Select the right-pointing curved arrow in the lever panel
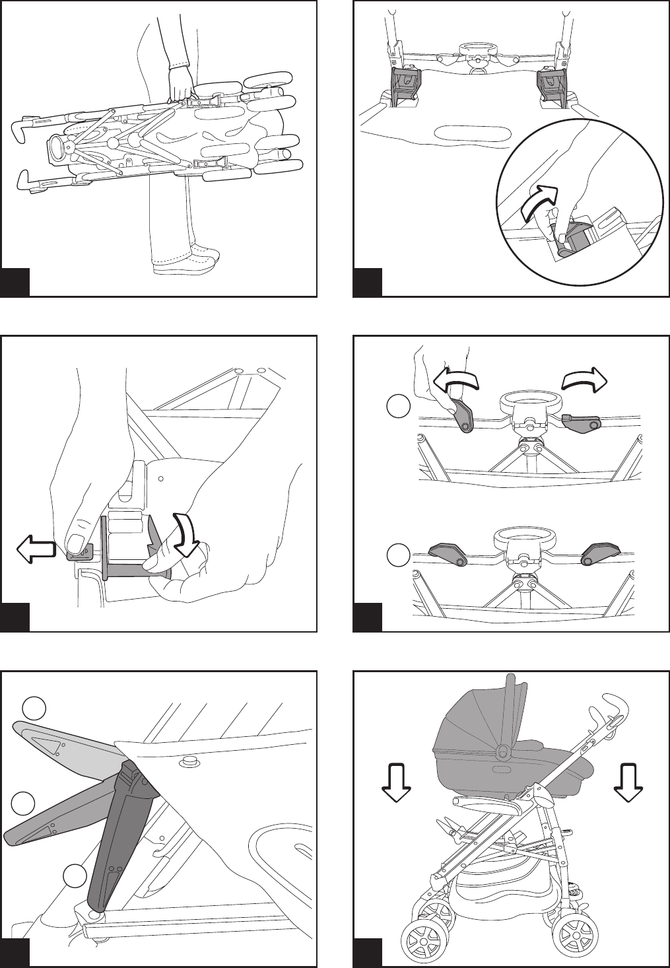584,381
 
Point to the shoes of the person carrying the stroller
188,261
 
